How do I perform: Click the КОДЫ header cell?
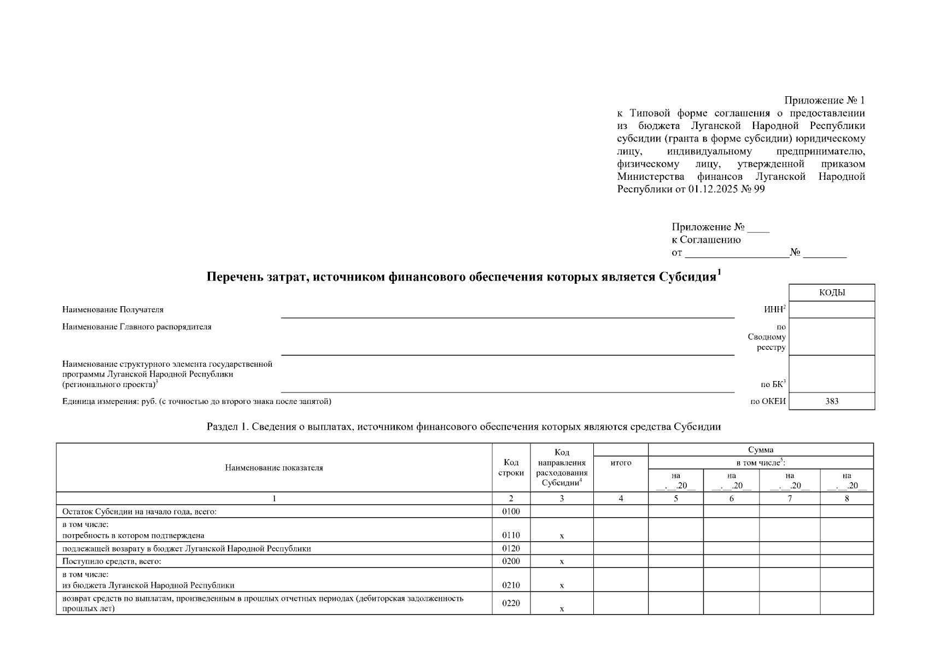[x=832, y=292]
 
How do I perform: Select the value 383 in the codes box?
[x=832, y=401]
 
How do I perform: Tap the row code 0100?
[x=511, y=512]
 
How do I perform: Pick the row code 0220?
[x=511, y=603]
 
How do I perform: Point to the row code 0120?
[x=511, y=548]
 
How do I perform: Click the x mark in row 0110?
[x=562, y=536]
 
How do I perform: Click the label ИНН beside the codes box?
[x=774, y=309]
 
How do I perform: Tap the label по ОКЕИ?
[x=768, y=401]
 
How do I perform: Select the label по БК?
[x=773, y=384]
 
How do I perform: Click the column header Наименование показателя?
[x=274, y=468]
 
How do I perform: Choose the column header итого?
[x=621, y=462]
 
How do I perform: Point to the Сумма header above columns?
[x=760, y=449]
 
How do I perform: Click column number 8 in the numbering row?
[x=847, y=498]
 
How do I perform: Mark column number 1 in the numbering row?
[x=274, y=498]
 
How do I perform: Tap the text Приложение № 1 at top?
[x=824, y=101]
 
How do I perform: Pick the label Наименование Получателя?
[x=113, y=309]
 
